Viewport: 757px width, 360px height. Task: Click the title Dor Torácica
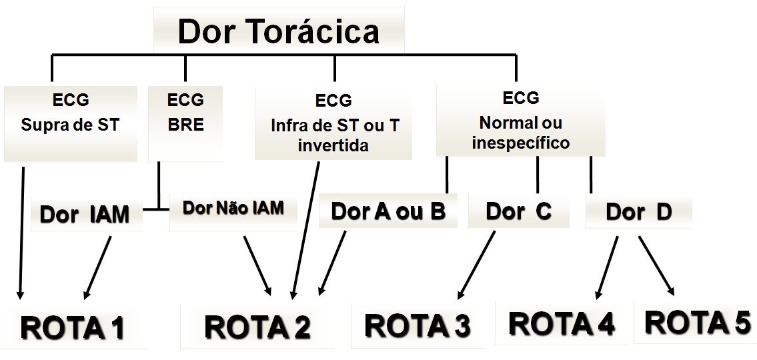[278, 31]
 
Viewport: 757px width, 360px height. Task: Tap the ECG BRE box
[185, 113]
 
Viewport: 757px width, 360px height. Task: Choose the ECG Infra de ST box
[334, 123]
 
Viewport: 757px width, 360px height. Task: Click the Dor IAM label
[85, 215]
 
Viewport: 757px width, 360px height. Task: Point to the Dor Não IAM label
[233, 208]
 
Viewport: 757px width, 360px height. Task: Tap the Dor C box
[518, 211]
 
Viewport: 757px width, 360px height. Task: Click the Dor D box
[638, 212]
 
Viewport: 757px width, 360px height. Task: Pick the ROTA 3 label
[418, 325]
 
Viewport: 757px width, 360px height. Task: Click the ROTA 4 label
[562, 323]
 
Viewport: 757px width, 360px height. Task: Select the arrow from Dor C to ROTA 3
[477, 264]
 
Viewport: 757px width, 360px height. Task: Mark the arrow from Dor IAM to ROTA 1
[97, 267]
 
